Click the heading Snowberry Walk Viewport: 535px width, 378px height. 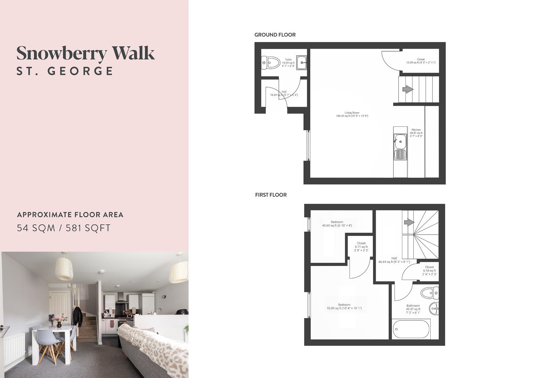[85, 54]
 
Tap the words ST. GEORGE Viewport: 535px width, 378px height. [65, 71]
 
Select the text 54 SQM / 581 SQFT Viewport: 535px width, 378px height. [64, 228]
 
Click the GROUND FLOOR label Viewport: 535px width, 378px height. [275, 35]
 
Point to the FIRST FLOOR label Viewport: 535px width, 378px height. [271, 195]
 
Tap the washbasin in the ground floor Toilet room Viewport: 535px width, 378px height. [302, 63]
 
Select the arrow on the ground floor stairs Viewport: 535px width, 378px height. [408, 90]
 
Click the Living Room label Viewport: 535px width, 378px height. [352, 114]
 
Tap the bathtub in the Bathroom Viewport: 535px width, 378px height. [411, 329]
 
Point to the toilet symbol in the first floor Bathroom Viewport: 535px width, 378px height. [429, 293]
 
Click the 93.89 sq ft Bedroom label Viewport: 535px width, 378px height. [344, 307]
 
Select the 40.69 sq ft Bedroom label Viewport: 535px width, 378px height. [337, 224]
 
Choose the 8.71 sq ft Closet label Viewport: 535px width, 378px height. [361, 247]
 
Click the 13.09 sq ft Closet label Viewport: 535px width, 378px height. [421, 61]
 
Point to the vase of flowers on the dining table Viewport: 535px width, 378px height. [59, 321]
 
